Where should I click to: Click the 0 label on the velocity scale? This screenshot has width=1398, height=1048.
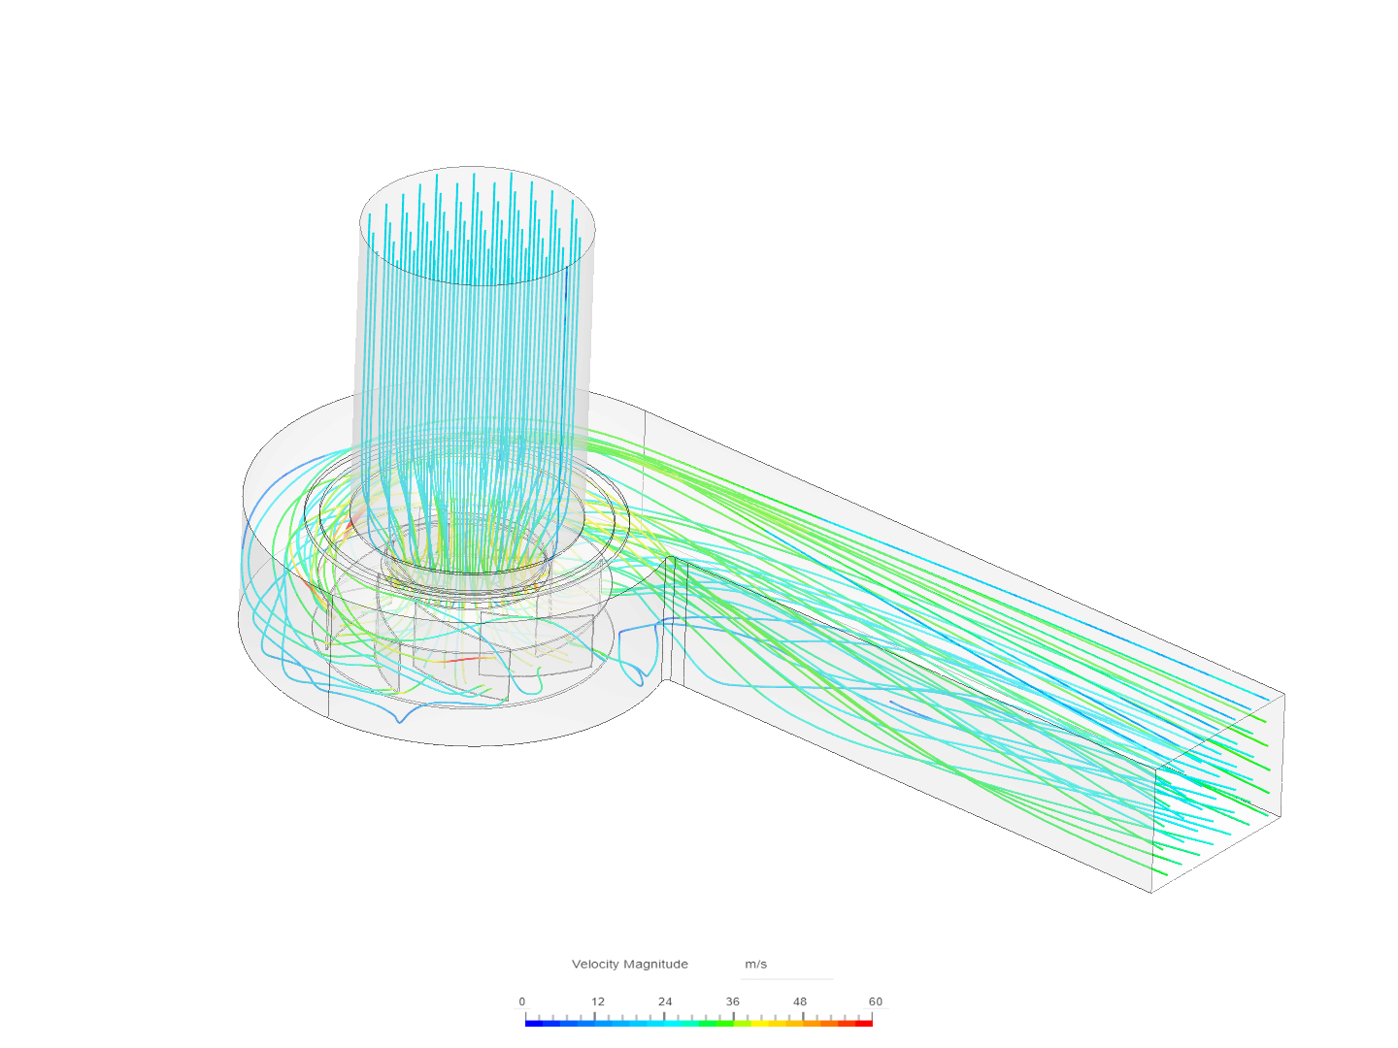click(x=521, y=1001)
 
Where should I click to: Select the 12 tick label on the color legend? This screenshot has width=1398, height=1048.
click(x=597, y=1001)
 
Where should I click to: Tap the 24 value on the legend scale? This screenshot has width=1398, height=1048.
click(x=665, y=1001)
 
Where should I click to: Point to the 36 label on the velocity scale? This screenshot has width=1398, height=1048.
click(x=732, y=1001)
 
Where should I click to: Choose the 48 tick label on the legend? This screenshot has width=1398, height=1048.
click(x=799, y=1001)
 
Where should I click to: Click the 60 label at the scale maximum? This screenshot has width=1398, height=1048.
click(x=875, y=1001)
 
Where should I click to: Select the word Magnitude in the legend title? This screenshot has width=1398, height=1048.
click(x=655, y=964)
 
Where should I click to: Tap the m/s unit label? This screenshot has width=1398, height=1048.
click(x=755, y=964)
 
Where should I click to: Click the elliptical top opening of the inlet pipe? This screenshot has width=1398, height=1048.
click(x=477, y=226)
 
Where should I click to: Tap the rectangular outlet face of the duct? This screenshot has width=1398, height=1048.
click(x=1217, y=792)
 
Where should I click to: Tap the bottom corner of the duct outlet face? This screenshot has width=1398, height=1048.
click(x=1152, y=891)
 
